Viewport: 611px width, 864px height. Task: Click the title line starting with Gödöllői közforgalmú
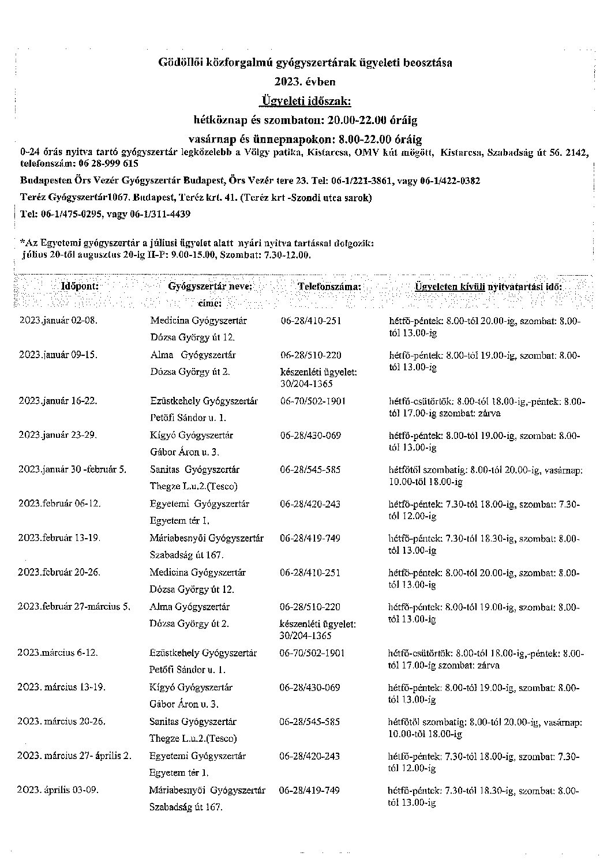coord(305,62)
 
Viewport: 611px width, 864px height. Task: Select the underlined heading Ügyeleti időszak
coord(306,101)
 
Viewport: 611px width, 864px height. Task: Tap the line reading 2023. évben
coord(305,81)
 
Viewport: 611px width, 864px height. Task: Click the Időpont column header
coord(80,286)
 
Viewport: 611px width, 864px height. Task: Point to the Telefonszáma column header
coord(330,286)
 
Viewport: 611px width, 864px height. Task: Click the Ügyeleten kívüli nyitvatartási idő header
coord(488,286)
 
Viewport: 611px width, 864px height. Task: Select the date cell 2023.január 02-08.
coord(58,321)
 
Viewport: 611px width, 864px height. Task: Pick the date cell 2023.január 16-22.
coord(58,401)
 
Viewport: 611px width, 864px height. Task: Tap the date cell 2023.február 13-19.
coord(59,538)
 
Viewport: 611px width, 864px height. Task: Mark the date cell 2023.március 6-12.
coord(58,653)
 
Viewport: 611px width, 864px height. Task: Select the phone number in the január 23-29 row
coord(310,435)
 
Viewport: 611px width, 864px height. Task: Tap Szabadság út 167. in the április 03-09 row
coord(186,807)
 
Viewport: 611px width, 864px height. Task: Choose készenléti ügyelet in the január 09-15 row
coord(318,372)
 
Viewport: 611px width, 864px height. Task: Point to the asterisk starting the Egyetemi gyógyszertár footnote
coord(21,243)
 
